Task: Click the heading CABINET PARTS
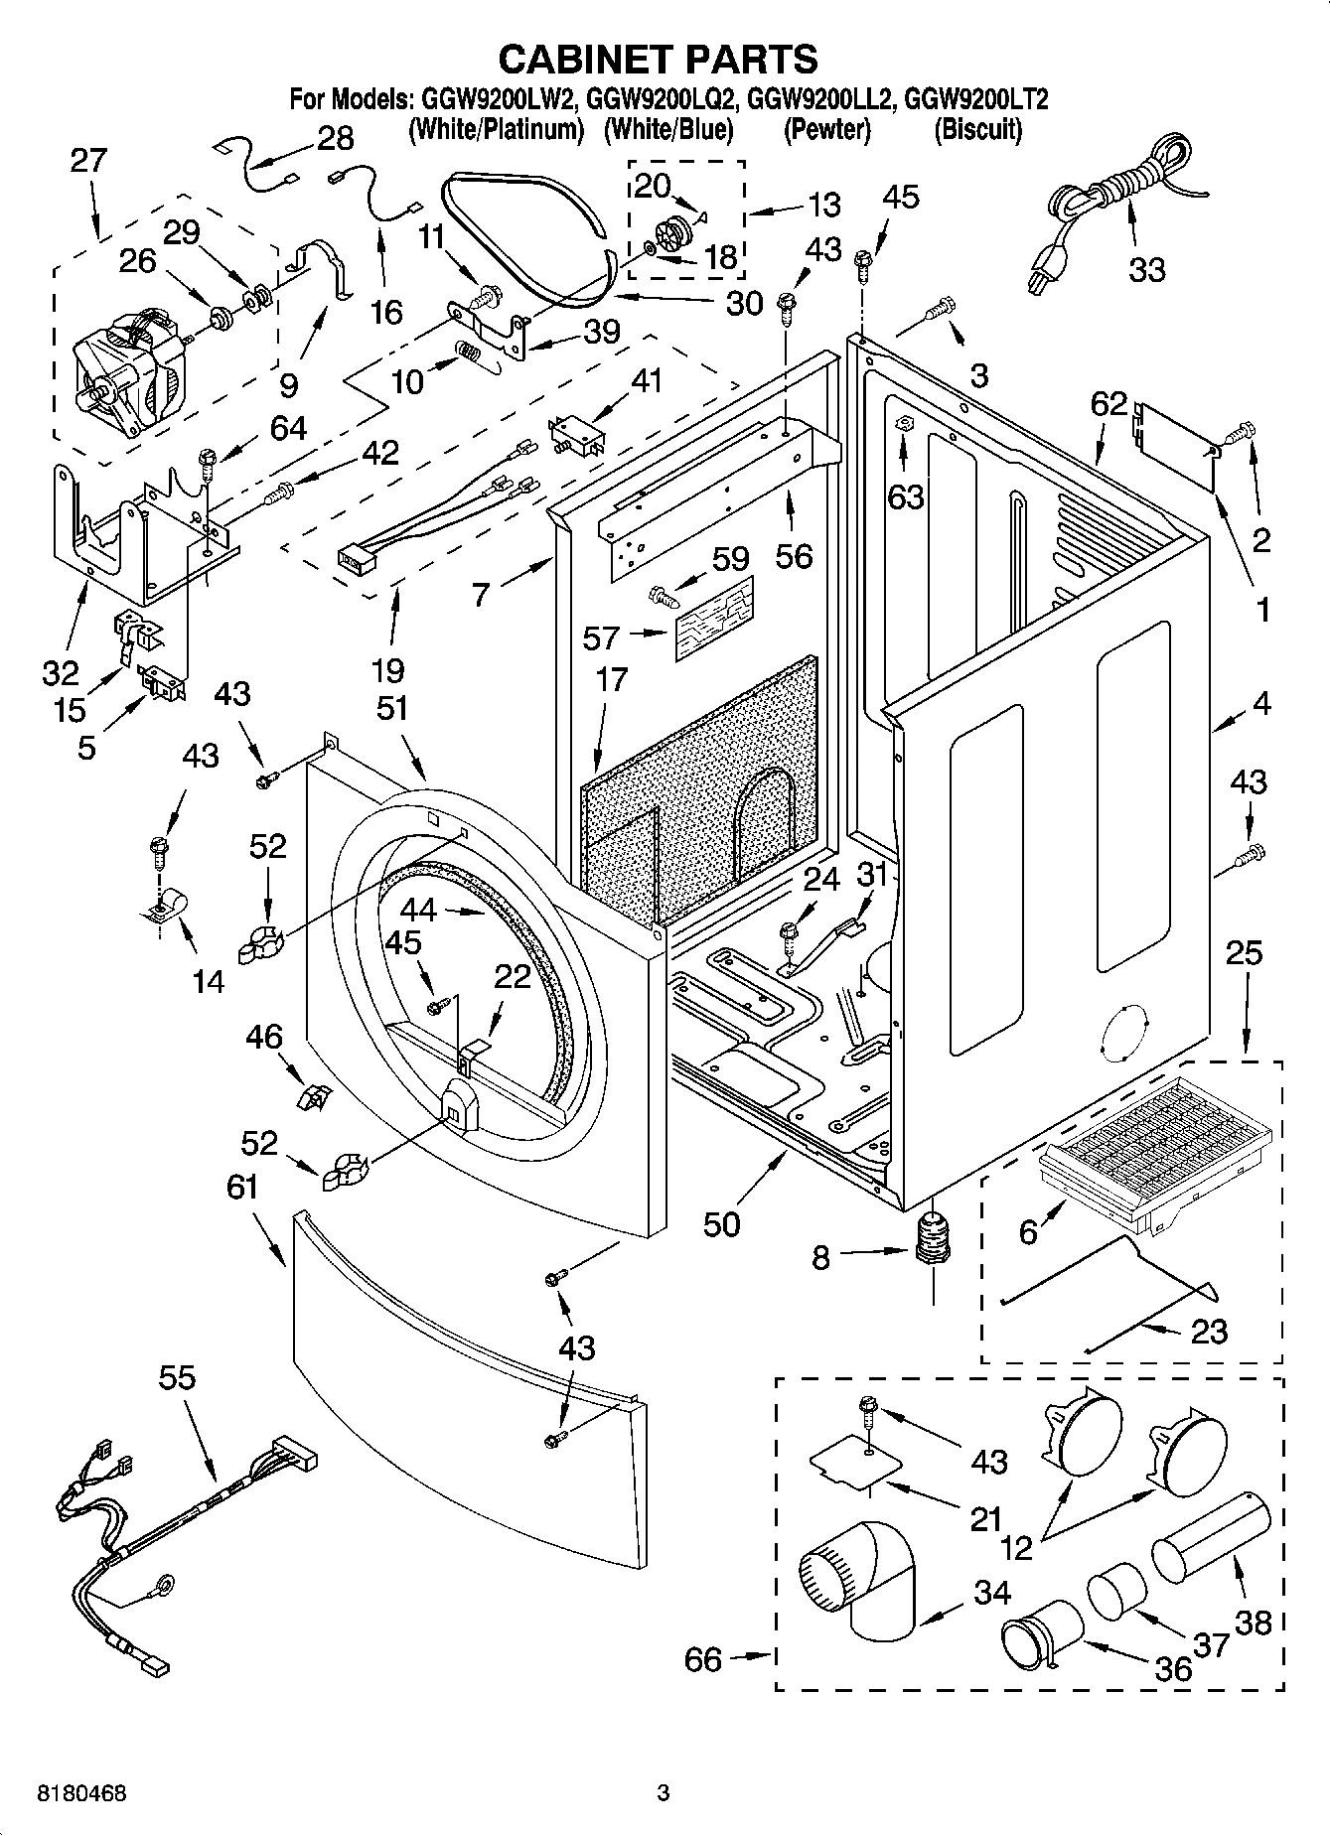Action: pos(658,60)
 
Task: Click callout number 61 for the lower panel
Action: pos(241,1187)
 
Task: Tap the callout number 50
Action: pos(721,1224)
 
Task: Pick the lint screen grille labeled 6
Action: pos(1152,1132)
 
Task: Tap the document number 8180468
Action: pos(82,1793)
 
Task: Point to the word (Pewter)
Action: pos(826,130)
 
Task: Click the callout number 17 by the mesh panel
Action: pos(612,680)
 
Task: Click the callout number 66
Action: pos(703,1659)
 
